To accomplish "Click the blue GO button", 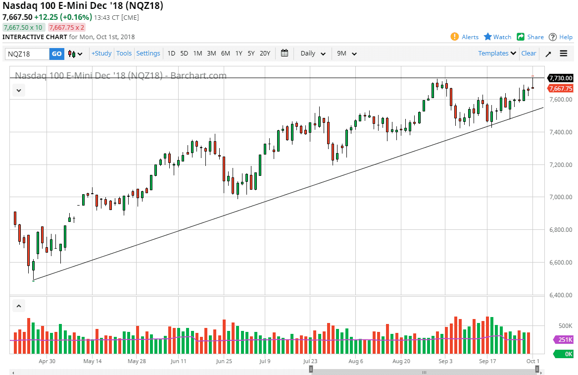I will tap(57, 54).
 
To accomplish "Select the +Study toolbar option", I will tap(101, 54).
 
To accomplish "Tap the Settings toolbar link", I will tap(148, 54).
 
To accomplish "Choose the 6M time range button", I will tap(225, 54).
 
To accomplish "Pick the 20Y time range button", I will tap(265, 54).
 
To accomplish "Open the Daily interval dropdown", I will tap(313, 54).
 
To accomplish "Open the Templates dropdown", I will tap(497, 54).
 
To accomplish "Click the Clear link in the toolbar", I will tap(529, 54).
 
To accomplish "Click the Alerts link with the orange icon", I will tap(465, 37).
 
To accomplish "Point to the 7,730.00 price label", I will tap(561, 78).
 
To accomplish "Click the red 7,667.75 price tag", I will tap(561, 89).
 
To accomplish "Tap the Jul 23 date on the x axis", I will tap(311, 361).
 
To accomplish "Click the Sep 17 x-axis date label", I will tap(487, 361).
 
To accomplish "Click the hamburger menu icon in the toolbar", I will tap(564, 54).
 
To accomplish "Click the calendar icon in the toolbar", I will tap(285, 54).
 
